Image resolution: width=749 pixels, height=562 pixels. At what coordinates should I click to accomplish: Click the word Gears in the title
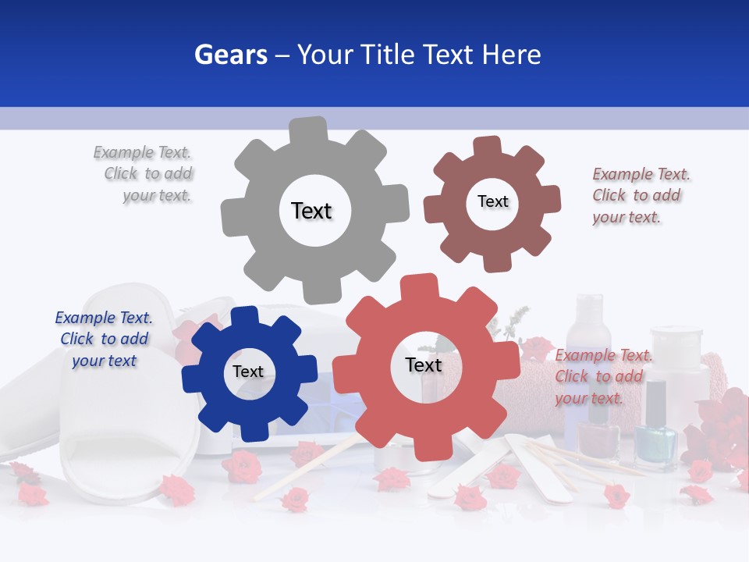pos(230,55)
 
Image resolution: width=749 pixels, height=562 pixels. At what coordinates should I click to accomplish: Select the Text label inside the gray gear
pos(311,211)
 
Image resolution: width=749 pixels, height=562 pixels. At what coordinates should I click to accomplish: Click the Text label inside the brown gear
pos(492,201)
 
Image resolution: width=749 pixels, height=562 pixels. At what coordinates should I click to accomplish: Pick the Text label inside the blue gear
pos(248,372)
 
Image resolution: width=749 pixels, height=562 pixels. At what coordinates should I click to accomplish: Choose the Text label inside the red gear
pos(424,365)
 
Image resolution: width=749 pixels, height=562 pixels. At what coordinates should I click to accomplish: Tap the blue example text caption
pos(104,339)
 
